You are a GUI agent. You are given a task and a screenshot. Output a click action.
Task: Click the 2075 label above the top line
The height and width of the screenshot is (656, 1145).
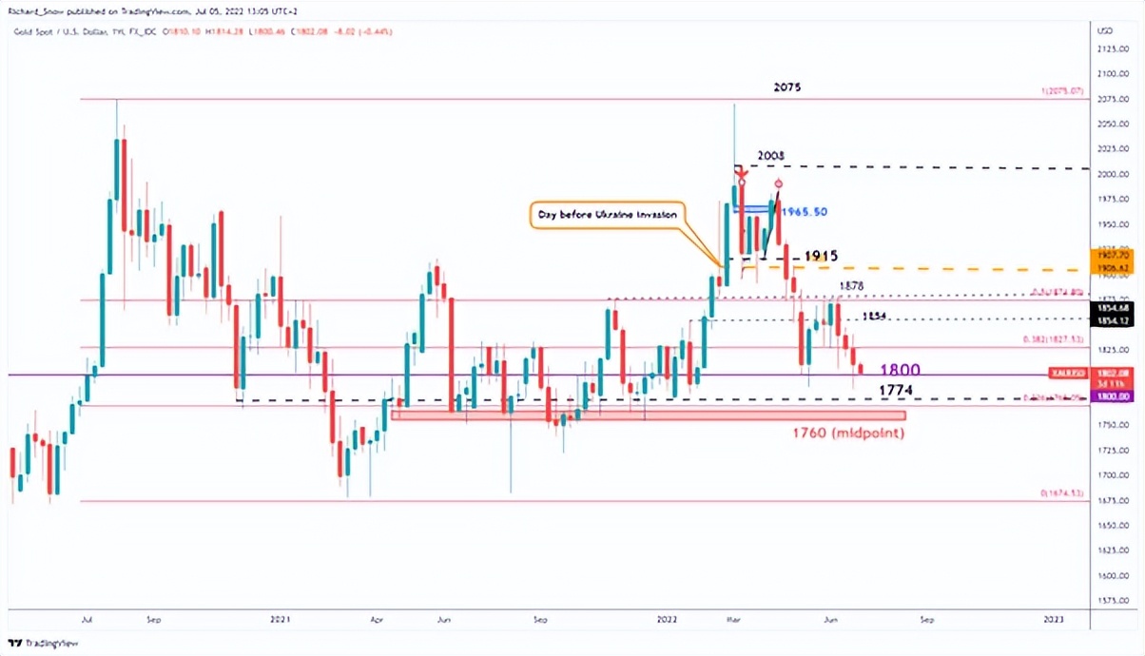pos(786,87)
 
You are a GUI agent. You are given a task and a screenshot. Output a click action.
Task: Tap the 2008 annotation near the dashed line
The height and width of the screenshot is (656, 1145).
pos(770,155)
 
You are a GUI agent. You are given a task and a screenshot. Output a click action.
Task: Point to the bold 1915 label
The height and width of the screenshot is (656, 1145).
pos(821,257)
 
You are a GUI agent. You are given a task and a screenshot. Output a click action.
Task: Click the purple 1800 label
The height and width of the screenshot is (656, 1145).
pos(900,370)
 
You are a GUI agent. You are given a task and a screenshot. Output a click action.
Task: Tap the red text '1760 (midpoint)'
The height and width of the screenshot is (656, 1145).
pos(847,434)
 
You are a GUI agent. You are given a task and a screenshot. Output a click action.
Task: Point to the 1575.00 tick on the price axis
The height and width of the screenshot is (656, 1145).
pos(1106,600)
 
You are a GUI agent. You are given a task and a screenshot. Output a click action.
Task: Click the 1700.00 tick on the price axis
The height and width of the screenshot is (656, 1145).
pos(1106,474)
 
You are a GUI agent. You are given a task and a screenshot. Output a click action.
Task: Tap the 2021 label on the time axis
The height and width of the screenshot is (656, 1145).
pos(280,619)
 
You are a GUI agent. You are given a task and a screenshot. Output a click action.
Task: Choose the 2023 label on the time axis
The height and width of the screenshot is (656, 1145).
pos(1053,619)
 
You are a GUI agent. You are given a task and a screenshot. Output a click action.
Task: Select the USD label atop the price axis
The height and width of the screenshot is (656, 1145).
pos(1105,31)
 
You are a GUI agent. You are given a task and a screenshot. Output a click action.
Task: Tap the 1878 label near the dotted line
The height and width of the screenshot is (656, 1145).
pos(851,285)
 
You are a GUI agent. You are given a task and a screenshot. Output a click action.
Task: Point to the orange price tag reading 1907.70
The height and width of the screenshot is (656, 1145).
pos(1113,256)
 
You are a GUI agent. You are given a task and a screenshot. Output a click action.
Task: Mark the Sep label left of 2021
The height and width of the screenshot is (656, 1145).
pos(155,619)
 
